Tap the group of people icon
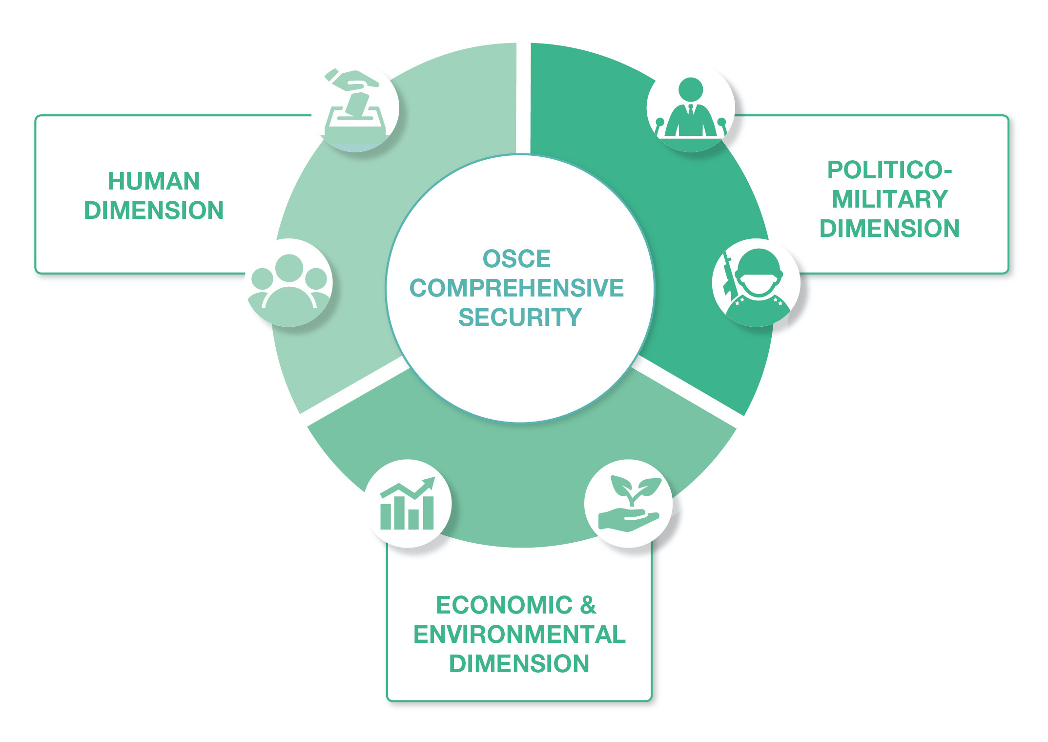pyautogui.click(x=289, y=282)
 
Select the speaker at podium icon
pyautogui.click(x=690, y=107)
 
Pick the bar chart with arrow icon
pyautogui.click(x=407, y=503)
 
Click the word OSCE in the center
pyautogui.click(x=516, y=258)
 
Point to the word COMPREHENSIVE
pyautogui.click(x=516, y=288)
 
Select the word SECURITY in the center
pyautogui.click(x=520, y=317)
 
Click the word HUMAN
pyautogui.click(x=154, y=181)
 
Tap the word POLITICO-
pyautogui.click(x=889, y=170)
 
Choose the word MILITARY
pyautogui.click(x=889, y=199)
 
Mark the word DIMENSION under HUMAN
pyautogui.click(x=154, y=210)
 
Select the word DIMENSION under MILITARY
pyautogui.click(x=889, y=228)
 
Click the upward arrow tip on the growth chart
pyautogui.click(x=432, y=479)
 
